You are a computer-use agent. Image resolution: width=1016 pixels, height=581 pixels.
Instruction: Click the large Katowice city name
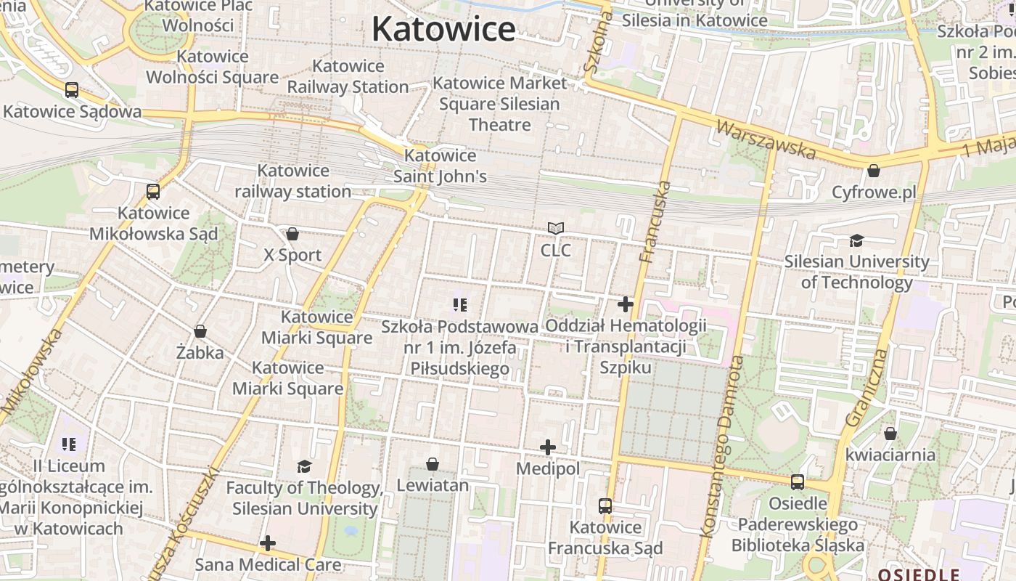[x=443, y=29]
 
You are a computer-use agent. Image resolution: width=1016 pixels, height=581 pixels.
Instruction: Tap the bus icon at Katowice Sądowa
[x=72, y=90]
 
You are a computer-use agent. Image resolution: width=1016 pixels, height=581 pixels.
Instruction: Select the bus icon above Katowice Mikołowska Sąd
[x=153, y=192]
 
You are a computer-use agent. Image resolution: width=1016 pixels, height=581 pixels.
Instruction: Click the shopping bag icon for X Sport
[x=292, y=234]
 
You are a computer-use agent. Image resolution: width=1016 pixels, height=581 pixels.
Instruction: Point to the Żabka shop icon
[x=200, y=331]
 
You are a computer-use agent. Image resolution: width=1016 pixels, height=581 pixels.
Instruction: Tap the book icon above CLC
[x=556, y=229]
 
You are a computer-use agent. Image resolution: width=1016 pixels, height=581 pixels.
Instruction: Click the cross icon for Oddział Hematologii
[x=626, y=304]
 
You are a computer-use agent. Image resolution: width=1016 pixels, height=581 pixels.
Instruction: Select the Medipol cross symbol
[x=548, y=447]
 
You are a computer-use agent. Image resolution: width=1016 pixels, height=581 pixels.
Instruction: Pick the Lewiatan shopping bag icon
[x=433, y=464]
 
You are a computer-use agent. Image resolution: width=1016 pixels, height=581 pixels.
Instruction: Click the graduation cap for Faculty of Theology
[x=304, y=466]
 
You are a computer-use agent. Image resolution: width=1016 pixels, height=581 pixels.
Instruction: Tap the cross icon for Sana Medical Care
[x=268, y=543]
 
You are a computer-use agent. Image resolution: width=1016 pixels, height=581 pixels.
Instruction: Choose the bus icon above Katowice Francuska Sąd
[x=605, y=505]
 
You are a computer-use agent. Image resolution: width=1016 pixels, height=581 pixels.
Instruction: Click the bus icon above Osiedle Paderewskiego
[x=798, y=482]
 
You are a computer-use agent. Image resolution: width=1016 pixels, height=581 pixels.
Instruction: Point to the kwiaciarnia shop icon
[x=890, y=434]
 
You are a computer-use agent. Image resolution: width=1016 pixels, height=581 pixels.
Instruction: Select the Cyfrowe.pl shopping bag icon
[x=874, y=171]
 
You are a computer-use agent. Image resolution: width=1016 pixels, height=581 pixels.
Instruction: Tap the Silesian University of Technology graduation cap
[x=857, y=240]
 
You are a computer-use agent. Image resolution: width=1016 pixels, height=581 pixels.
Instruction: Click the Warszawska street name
[x=766, y=139]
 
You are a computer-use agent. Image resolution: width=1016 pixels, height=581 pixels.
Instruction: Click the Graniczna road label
[x=867, y=389]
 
